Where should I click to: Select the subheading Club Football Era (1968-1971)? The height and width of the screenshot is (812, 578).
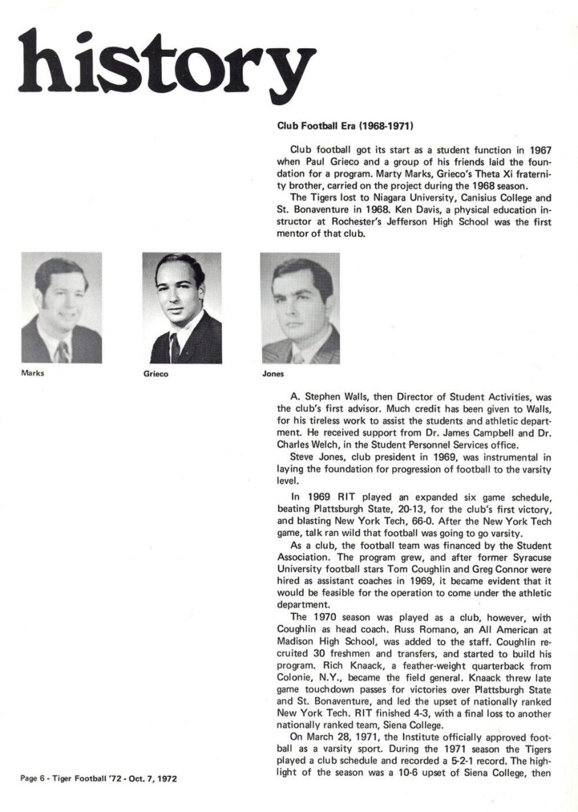pyautogui.click(x=345, y=126)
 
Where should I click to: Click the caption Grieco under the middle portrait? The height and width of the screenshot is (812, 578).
pyautogui.click(x=155, y=373)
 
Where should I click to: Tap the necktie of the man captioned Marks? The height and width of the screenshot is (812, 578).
pyautogui.click(x=63, y=351)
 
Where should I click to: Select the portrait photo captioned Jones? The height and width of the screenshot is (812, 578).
pyautogui.click(x=300, y=309)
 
